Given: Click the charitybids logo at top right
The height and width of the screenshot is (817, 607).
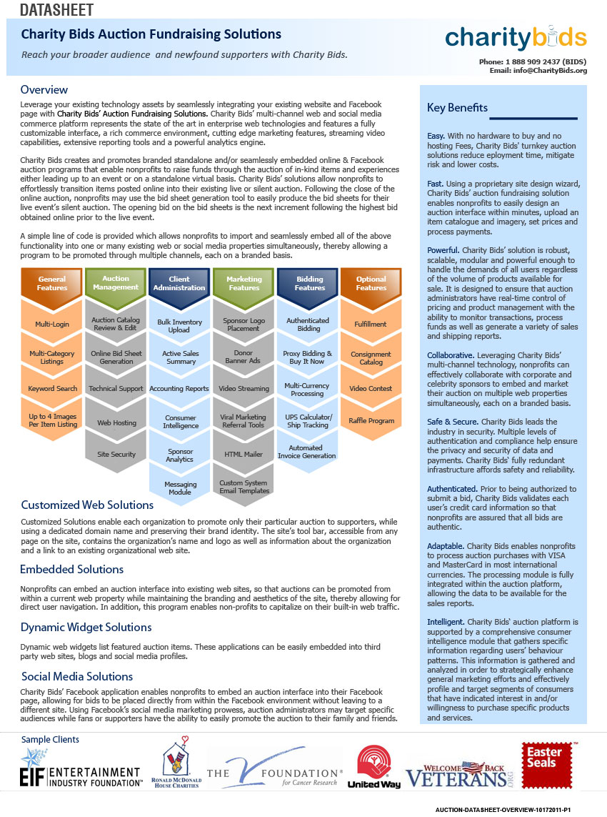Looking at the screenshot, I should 515,38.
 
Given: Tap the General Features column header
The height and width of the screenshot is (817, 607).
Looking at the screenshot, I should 52,283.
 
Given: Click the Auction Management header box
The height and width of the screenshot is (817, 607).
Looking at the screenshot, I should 116,282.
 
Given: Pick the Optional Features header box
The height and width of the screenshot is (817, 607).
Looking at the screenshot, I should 371,283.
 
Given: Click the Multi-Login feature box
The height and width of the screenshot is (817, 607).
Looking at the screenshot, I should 52,325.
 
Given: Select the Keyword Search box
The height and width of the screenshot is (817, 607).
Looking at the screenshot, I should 52,389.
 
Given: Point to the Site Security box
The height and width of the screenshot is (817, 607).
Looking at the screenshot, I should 116,454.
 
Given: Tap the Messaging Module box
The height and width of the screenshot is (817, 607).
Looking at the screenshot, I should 180,487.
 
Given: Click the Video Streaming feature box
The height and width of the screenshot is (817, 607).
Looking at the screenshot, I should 244,389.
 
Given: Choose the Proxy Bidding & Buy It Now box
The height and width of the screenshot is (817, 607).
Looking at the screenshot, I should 307,357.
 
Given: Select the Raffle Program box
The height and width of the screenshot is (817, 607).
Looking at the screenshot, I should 371,420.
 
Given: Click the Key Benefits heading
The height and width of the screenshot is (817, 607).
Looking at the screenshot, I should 457,108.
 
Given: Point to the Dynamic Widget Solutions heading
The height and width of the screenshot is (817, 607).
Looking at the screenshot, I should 86,628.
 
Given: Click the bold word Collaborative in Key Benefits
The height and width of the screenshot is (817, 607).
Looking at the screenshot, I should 451,355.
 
